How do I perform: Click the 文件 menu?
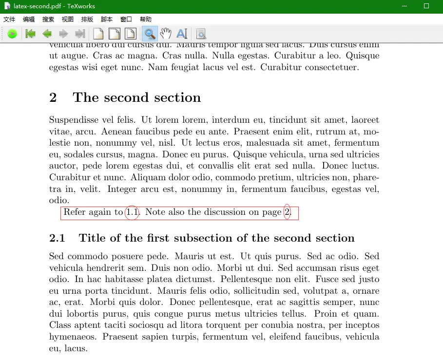pyautogui.click(x=9, y=19)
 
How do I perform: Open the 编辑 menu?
pyautogui.click(x=29, y=19)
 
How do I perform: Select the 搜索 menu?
pyautogui.click(x=48, y=19)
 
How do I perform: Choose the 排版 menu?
pyautogui.click(x=87, y=19)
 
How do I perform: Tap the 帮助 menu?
pyautogui.click(x=146, y=19)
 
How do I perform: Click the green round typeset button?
pyautogui.click(x=13, y=34)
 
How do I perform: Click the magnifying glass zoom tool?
pyautogui.click(x=150, y=34)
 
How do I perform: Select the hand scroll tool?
pyautogui.click(x=166, y=34)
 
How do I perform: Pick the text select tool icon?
pyautogui.click(x=182, y=34)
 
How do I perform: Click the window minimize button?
pyautogui.click(x=404, y=6)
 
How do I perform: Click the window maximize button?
pyautogui.click(x=426, y=6)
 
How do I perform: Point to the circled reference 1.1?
pyautogui.click(x=132, y=212)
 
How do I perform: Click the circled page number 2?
pyautogui.click(x=287, y=212)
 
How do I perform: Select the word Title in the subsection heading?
pyautogui.click(x=91, y=238)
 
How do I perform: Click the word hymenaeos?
pyautogui.click(x=71, y=337)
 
